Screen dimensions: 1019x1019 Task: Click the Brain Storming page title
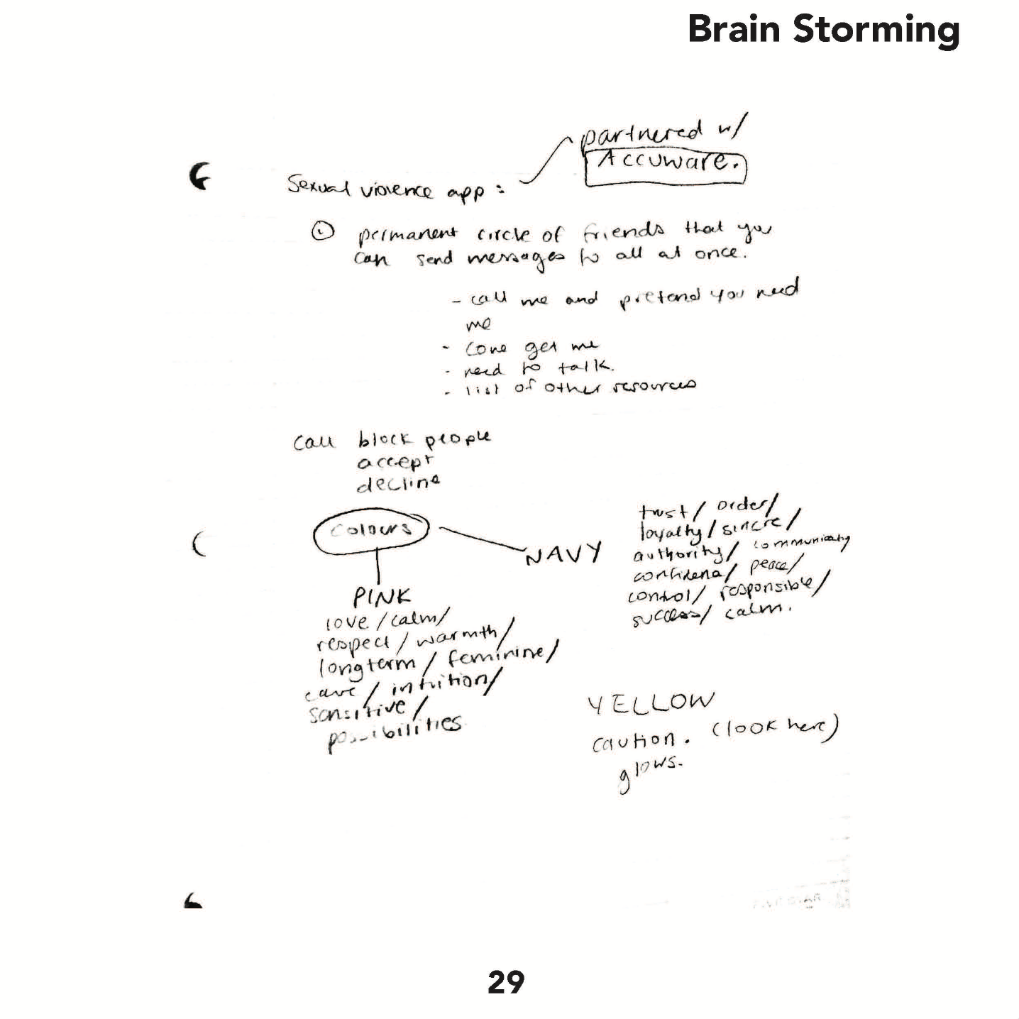pos(823,30)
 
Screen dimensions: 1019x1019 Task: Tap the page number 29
pos(506,982)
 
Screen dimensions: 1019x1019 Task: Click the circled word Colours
pos(372,531)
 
